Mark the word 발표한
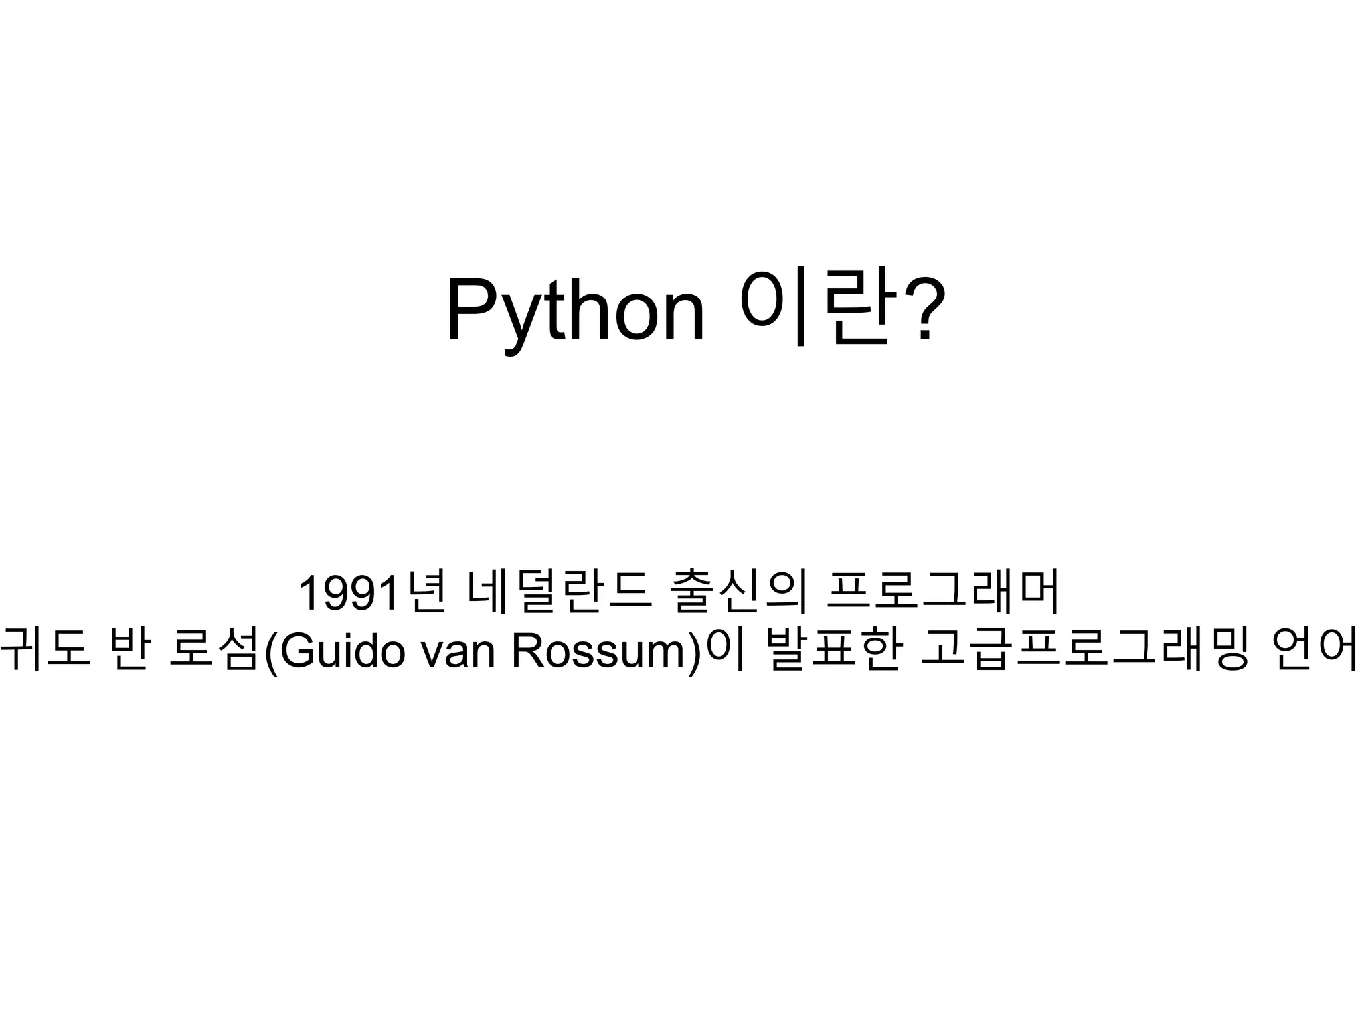[832, 651]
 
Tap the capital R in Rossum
[527, 651]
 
